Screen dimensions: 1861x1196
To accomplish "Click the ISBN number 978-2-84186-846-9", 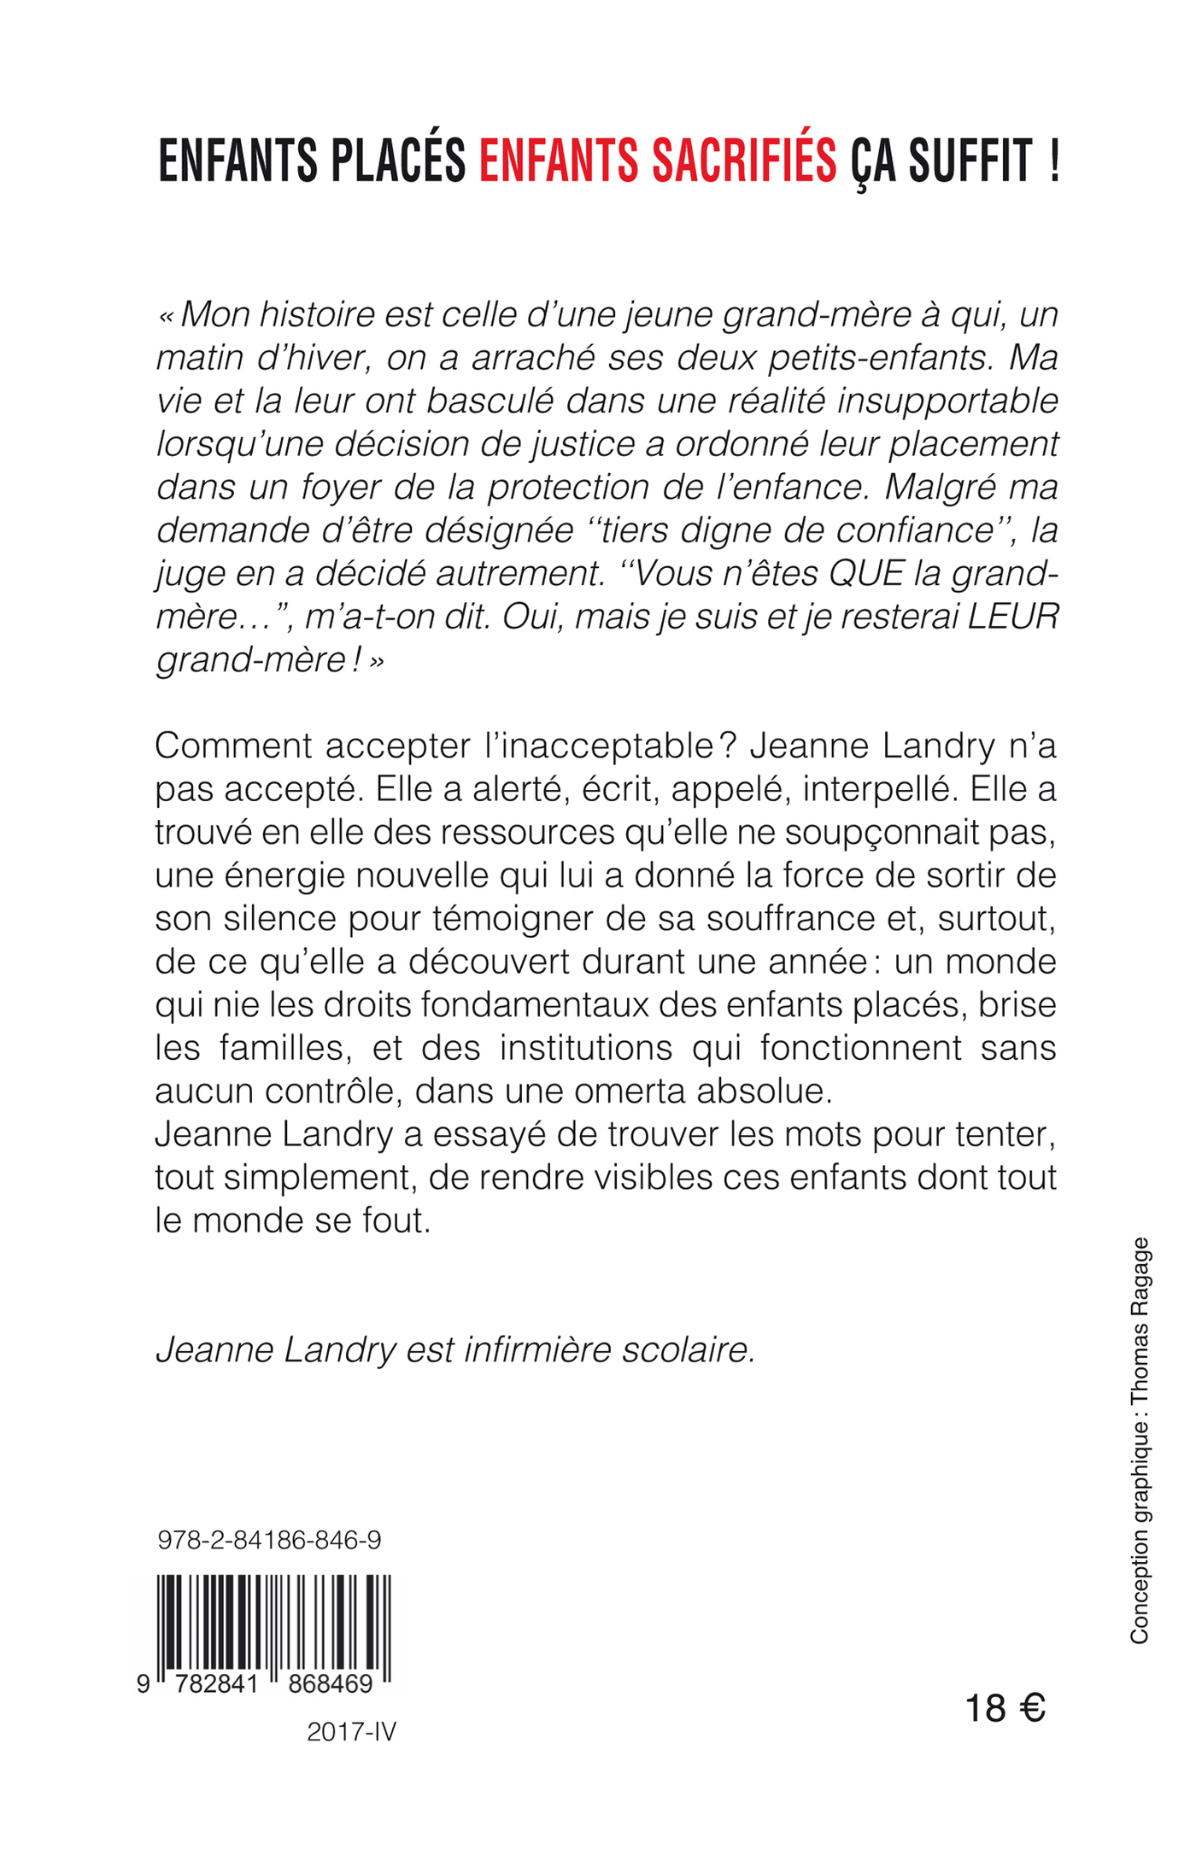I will (x=269, y=1541).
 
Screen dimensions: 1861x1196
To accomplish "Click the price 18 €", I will (x=1005, y=1709).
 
